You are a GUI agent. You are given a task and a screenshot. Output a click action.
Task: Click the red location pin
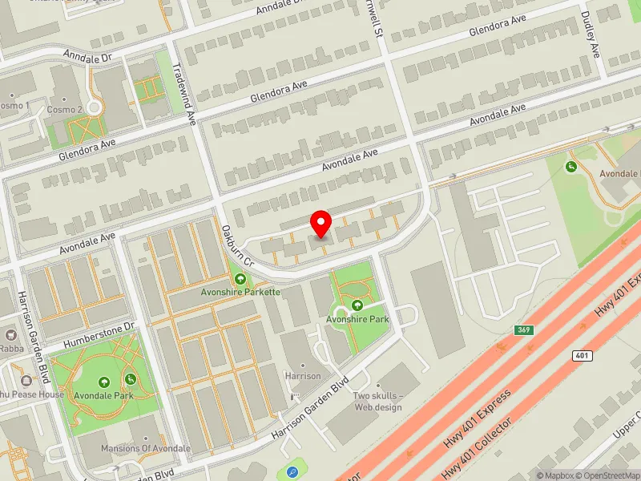click(321, 223)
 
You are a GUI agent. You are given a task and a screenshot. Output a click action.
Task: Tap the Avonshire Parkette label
click(240, 292)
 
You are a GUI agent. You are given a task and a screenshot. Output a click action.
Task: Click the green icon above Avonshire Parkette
click(240, 278)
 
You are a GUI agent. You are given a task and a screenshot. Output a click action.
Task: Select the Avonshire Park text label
click(357, 318)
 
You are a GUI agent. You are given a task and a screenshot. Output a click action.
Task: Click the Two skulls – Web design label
click(377, 401)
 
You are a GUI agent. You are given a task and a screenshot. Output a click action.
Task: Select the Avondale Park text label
click(103, 396)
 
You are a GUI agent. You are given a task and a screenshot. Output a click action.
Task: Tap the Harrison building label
click(304, 375)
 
